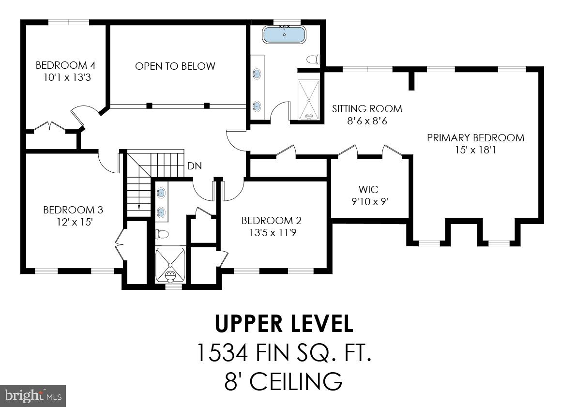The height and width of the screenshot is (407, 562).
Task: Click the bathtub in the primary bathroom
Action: tap(285, 34)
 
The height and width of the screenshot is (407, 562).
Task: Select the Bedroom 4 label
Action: tap(65, 65)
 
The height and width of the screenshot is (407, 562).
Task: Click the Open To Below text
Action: tap(175, 66)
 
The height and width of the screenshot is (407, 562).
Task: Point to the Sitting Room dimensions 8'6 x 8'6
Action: tap(367, 121)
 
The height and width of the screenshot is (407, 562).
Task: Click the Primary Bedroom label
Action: tap(475, 137)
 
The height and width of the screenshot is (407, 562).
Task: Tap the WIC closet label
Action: tap(368, 189)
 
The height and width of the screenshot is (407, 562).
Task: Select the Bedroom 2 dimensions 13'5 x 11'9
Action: tap(273, 233)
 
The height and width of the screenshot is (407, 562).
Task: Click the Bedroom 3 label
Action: tap(73, 210)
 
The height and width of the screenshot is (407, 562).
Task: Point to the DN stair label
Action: tap(195, 166)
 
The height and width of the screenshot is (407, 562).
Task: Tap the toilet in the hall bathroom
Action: tap(162, 234)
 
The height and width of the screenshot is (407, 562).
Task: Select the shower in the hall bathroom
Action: tap(170, 264)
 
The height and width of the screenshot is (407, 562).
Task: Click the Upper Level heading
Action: tap(284, 323)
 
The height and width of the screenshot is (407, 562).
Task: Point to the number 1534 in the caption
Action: tap(222, 352)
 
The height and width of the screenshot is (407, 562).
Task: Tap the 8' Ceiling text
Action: tap(283, 381)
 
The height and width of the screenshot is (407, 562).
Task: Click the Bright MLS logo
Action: tap(33, 396)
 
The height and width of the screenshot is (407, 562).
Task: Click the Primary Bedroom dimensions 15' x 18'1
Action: tap(475, 150)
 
